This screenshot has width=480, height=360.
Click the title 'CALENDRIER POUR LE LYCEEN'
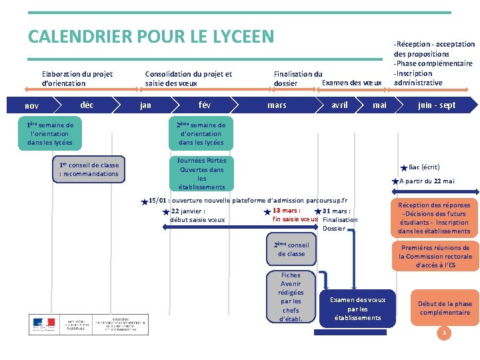point(151,36)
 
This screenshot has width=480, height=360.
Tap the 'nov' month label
point(31,105)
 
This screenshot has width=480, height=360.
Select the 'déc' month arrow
point(87,105)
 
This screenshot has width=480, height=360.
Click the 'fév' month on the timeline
point(205,105)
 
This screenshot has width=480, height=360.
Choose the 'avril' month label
point(339,105)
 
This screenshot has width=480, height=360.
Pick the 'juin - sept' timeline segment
point(437,105)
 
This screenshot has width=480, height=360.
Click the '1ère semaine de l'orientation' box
point(50,133)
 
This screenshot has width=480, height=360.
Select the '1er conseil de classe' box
point(89,169)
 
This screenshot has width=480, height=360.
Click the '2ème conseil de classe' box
point(291,249)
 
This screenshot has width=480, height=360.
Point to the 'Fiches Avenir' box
point(291,297)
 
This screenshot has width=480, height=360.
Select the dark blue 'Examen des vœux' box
point(357,309)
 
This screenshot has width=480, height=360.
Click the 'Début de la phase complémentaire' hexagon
point(445,308)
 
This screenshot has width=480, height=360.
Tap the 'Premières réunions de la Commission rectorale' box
point(435,256)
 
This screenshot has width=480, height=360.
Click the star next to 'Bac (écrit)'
point(403,168)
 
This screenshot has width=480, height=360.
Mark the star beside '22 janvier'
point(166,212)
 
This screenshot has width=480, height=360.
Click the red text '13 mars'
point(286,211)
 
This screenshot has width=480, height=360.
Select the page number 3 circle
point(444,332)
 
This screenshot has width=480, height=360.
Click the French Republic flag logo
point(44,324)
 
